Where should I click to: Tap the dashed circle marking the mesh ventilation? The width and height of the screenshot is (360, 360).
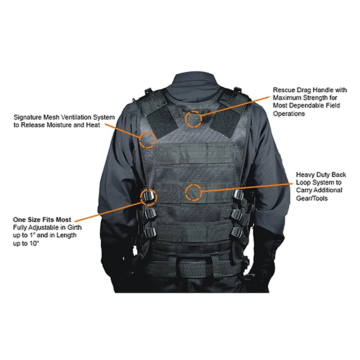point(147,139)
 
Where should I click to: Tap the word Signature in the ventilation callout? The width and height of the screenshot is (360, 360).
point(28,117)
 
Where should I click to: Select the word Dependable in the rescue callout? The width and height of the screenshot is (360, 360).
point(304,106)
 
